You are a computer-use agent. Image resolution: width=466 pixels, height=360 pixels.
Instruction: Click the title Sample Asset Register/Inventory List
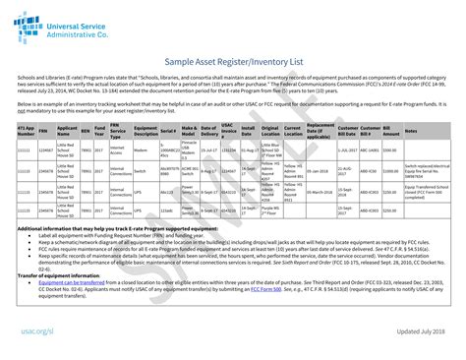tap(232, 61)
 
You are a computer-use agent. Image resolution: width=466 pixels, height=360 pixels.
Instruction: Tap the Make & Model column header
tap(189, 131)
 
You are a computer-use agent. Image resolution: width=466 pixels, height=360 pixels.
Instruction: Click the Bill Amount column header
tap(390, 131)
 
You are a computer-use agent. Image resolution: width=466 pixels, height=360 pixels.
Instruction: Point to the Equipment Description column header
tap(144, 131)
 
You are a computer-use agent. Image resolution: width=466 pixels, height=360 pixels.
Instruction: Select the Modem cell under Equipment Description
tap(141, 150)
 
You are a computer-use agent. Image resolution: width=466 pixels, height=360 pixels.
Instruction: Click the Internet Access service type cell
tap(117, 150)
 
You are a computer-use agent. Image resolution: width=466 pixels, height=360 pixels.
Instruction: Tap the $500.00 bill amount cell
tap(389, 150)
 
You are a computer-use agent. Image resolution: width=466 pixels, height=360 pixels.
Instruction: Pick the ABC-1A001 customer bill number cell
tap(369, 150)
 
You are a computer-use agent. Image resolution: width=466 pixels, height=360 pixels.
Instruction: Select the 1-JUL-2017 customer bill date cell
tap(345, 150)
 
